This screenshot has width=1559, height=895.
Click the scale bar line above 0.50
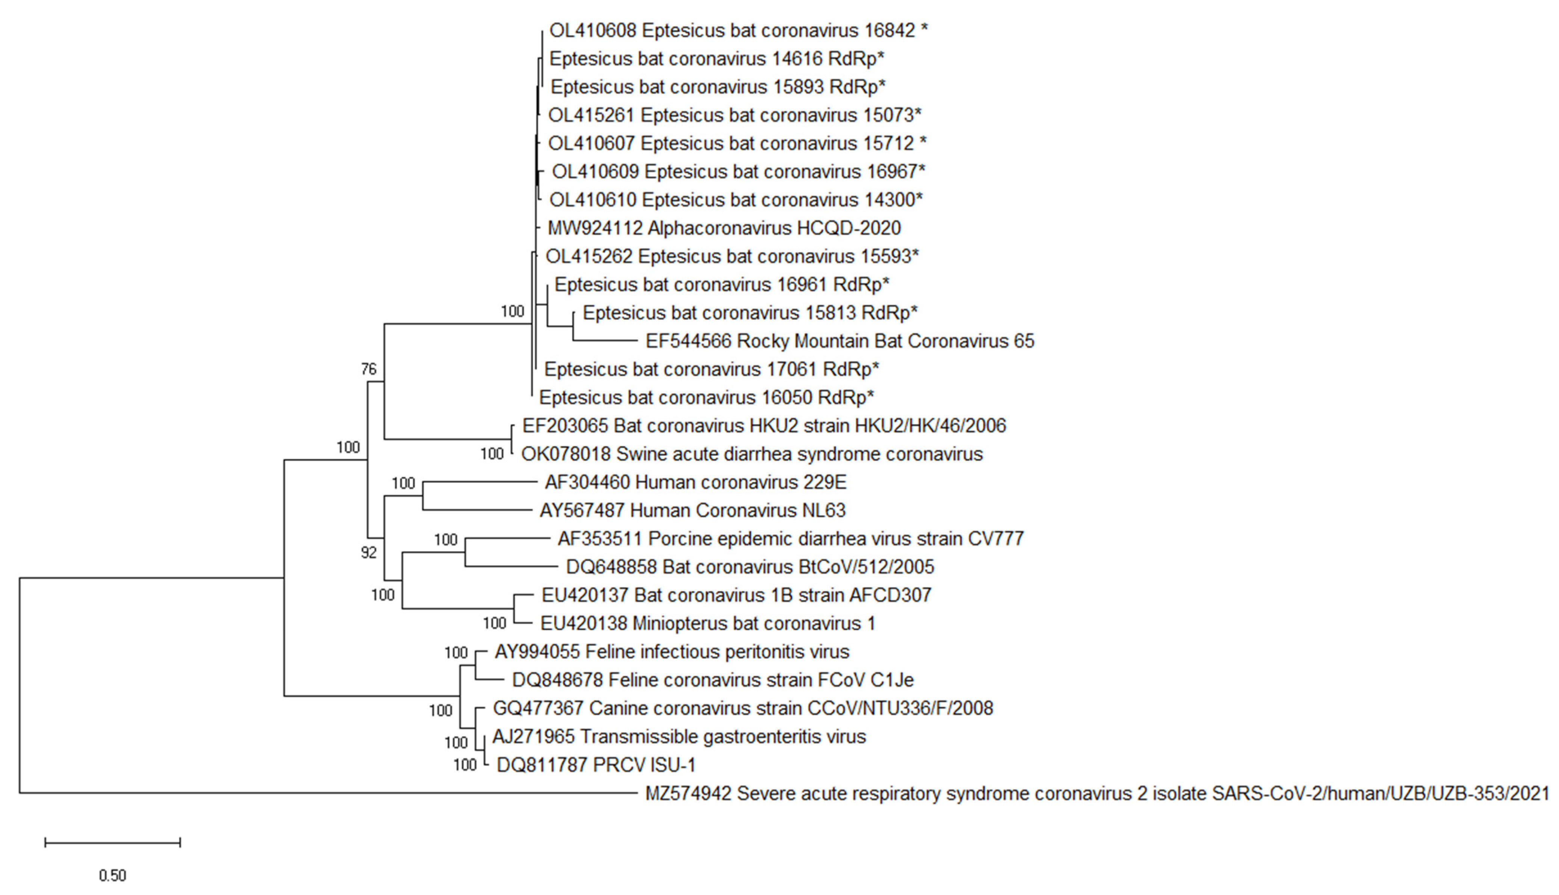tap(112, 842)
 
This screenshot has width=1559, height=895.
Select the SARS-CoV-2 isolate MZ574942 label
tap(1097, 794)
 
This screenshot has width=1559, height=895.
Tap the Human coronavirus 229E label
tap(695, 482)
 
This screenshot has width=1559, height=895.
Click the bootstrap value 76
tap(369, 369)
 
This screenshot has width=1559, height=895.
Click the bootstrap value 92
tap(369, 553)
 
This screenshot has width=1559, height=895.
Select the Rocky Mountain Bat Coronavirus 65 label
tap(839, 341)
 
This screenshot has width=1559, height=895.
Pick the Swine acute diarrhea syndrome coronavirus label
tap(752, 454)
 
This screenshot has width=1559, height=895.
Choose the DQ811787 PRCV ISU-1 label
tap(596, 765)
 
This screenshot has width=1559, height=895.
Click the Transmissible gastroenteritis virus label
tap(679, 736)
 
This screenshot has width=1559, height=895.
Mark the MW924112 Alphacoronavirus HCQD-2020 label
tap(724, 228)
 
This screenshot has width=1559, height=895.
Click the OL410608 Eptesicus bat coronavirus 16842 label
tap(738, 30)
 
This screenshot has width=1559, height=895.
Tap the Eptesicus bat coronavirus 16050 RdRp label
tap(706, 398)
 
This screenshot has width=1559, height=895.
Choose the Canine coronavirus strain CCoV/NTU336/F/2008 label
tap(742, 708)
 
